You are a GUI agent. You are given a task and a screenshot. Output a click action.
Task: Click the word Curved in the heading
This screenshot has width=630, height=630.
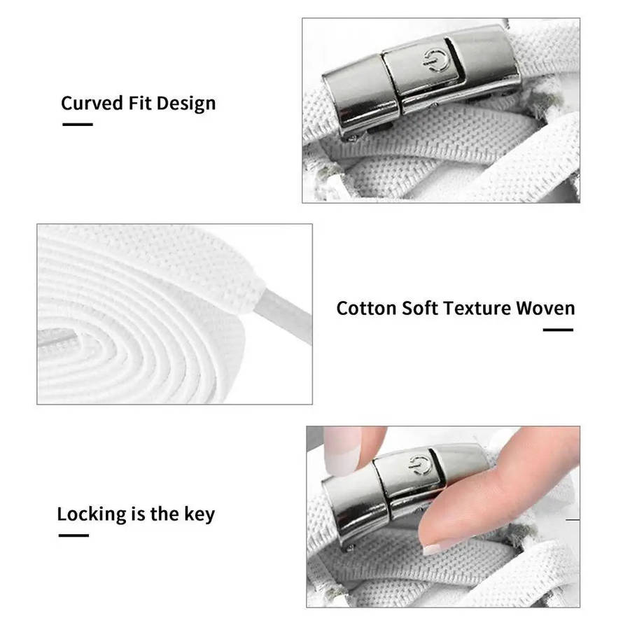[x=92, y=104]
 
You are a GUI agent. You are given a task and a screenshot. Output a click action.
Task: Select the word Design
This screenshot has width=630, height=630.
[x=186, y=104]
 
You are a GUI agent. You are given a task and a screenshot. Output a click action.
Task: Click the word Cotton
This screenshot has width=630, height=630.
[x=366, y=309]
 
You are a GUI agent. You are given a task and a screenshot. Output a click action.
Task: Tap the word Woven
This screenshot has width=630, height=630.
[x=545, y=309]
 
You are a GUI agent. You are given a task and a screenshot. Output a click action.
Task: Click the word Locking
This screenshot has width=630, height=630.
[x=92, y=514]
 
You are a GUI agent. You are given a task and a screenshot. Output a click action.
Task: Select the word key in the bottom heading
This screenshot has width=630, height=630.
[x=199, y=514]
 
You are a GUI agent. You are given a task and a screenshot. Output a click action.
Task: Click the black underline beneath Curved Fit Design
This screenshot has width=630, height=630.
[x=78, y=125]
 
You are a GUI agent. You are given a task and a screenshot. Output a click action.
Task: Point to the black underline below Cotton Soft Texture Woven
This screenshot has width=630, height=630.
[x=558, y=330]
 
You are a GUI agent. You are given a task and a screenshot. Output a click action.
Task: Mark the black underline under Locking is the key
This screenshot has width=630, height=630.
[x=73, y=535]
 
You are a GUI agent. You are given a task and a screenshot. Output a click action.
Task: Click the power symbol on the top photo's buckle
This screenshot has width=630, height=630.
[x=434, y=61]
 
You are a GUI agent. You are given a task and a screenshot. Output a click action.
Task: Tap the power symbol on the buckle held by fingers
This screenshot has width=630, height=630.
[x=420, y=465]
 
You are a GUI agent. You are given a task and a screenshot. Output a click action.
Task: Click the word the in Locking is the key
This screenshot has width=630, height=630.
[x=164, y=514]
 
